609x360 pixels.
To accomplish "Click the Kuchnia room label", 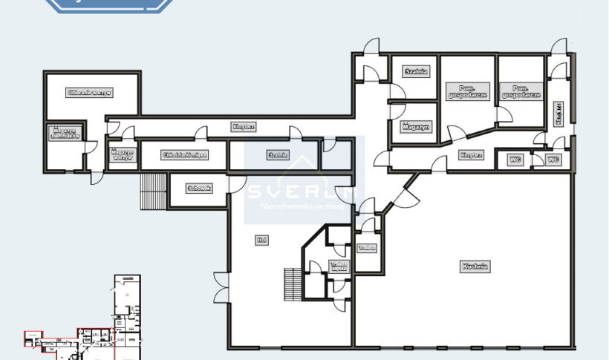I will click(476, 265).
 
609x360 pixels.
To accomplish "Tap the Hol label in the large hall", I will click(261, 240).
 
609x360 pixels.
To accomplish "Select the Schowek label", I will click(200, 189).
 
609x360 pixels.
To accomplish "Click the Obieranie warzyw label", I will click(89, 93).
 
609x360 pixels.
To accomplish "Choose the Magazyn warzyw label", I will click(122, 155).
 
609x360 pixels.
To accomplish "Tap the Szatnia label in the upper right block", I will click(416, 72).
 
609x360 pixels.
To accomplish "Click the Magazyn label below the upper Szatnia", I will click(416, 128).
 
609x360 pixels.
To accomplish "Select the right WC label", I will click(553, 159).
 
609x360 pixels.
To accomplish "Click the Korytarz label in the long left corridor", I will click(243, 127).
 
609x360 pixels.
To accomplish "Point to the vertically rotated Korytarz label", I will click(558, 114).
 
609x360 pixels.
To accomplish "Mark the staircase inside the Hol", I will click(292, 284).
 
